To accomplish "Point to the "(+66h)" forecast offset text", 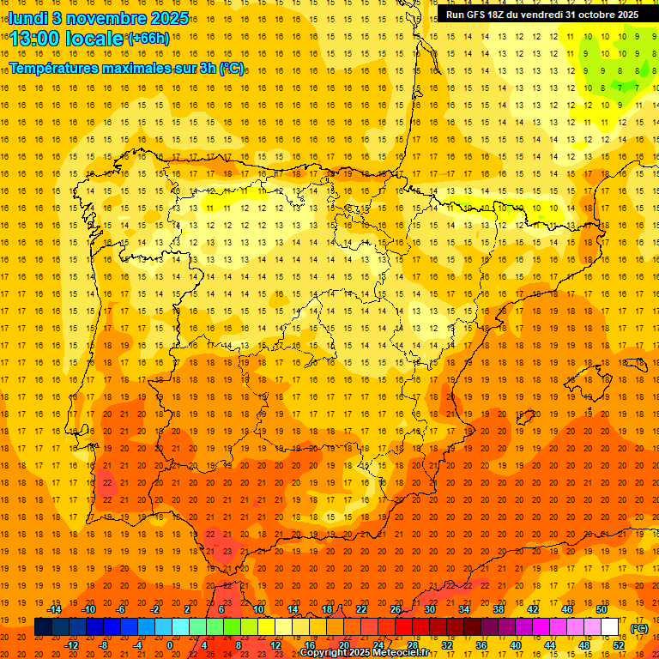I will (148, 38).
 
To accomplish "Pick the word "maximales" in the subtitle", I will (138, 68).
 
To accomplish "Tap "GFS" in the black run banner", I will (475, 15).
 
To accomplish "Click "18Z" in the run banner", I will (498, 15).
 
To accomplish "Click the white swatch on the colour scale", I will (609, 627).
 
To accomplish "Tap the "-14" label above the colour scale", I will (55, 609).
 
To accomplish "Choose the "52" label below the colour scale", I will (619, 645).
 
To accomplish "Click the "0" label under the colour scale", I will (170, 645).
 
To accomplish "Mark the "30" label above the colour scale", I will (429, 609).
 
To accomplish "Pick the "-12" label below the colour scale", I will (72, 645).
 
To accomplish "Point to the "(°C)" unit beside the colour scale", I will (639, 627).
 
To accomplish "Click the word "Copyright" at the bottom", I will (323, 653).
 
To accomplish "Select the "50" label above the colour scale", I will (602, 609).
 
